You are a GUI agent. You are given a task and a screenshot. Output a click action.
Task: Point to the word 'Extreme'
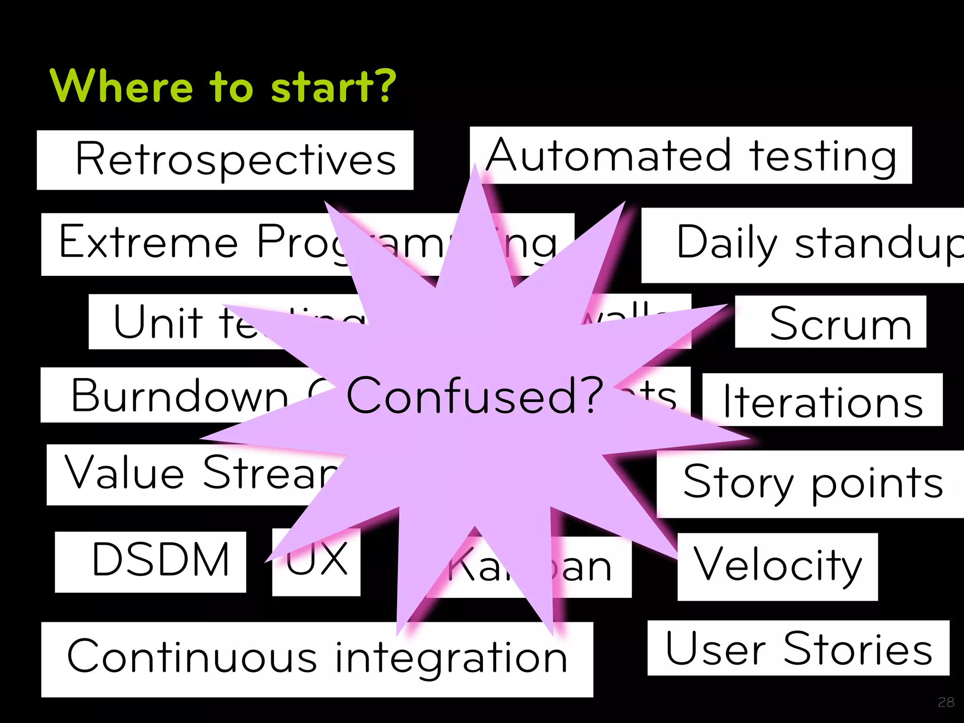(x=149, y=242)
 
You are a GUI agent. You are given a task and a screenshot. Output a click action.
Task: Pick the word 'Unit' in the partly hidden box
(x=158, y=322)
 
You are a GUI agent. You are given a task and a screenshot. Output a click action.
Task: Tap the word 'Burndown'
(x=179, y=395)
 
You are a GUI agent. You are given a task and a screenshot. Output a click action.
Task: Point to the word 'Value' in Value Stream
(x=124, y=473)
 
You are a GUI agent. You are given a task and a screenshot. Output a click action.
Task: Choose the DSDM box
(x=160, y=560)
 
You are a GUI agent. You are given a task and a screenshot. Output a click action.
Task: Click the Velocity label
(x=778, y=565)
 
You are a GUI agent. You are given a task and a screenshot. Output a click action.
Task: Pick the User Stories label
(x=798, y=649)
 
